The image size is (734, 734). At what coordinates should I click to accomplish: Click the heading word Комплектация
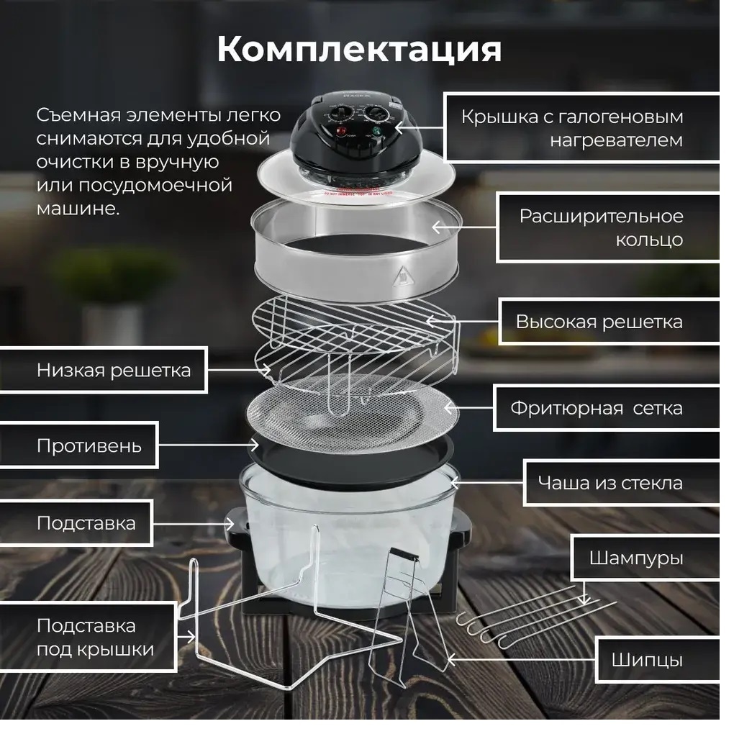tap(359, 50)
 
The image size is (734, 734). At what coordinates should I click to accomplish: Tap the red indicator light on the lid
tap(342, 130)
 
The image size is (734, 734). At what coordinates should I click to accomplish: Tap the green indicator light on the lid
tap(376, 131)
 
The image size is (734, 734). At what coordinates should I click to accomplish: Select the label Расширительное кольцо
tap(601, 228)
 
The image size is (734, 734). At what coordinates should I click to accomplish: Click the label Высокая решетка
tap(599, 322)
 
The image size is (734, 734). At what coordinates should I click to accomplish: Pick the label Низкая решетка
tap(114, 371)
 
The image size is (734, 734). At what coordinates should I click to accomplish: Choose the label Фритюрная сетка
tap(597, 408)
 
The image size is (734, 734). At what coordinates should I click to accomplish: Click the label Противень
tap(89, 445)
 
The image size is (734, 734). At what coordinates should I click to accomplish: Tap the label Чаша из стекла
tap(610, 483)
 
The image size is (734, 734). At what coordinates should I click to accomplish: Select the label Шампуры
tap(635, 558)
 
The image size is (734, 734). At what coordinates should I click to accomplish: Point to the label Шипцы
tap(647, 660)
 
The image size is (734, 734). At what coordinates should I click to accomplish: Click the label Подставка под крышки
tap(95, 638)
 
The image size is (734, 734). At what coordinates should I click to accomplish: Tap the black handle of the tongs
tap(404, 555)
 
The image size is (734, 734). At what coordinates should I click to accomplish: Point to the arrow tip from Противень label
tap(258, 445)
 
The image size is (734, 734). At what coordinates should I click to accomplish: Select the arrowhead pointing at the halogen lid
tap(396, 127)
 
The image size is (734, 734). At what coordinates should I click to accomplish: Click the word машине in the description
tap(78, 209)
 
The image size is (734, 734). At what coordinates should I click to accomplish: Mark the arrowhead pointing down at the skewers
tap(584, 600)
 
